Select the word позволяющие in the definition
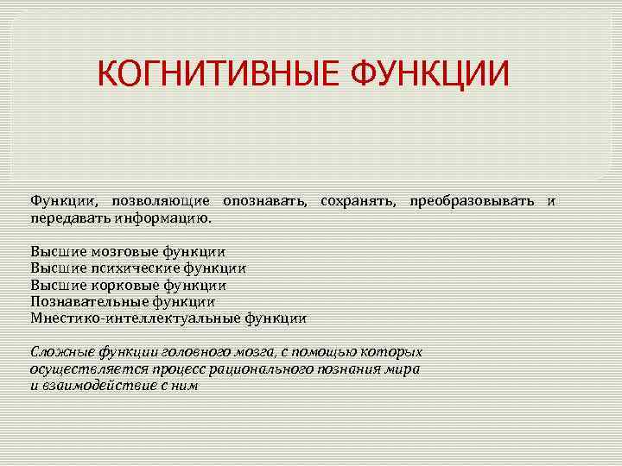coord(161,201)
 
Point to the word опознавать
coord(264,201)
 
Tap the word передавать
coord(62,218)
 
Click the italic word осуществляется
coord(77,368)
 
